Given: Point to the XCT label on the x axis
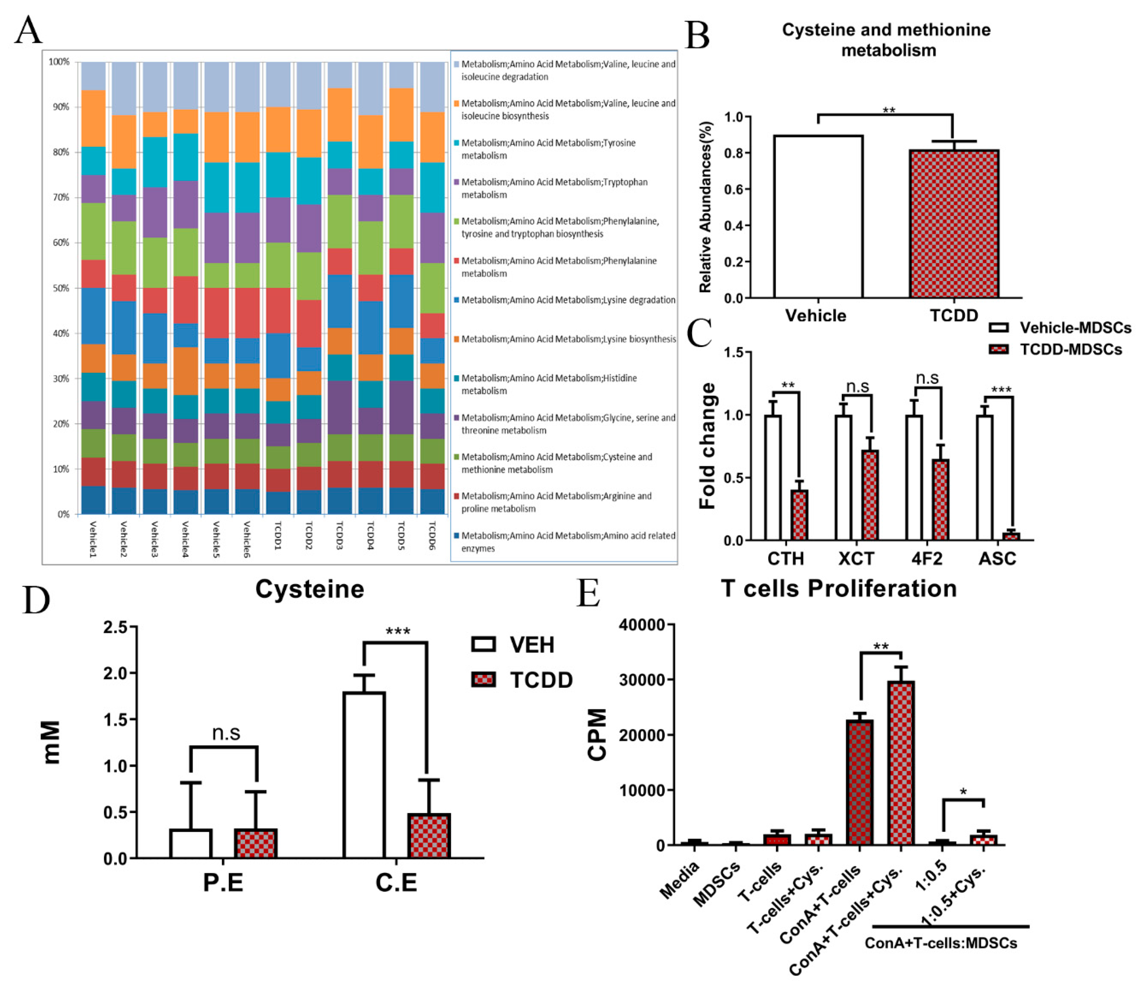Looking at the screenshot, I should tap(856, 559).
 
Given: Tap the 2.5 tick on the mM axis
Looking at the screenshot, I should tap(115, 627).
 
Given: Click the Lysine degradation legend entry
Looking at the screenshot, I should tap(568, 300).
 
